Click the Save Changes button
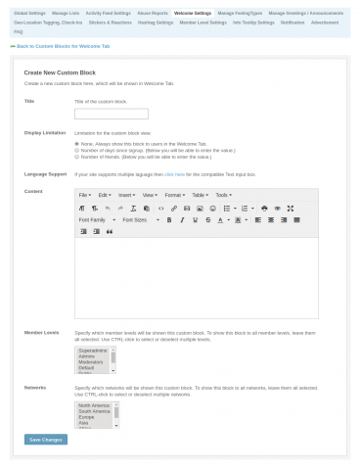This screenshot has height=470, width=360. tap(46, 440)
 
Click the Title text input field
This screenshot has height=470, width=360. tap(111, 114)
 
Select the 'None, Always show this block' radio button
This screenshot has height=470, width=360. tap(77, 143)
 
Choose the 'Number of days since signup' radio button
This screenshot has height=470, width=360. tap(77, 150)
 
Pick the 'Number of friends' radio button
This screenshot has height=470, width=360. tap(77, 157)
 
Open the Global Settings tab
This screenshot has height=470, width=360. tap(28, 13)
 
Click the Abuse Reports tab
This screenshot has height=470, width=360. tap(152, 13)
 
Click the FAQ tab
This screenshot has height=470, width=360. tap(19, 30)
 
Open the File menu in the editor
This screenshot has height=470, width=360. tap(84, 195)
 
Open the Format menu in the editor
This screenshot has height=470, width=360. tap(173, 195)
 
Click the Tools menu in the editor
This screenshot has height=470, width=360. tap(222, 195)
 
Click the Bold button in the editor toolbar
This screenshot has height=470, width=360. tap(169, 219)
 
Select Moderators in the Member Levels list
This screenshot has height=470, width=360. tap(93, 360)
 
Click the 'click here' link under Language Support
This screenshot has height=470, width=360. tap(175, 173)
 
